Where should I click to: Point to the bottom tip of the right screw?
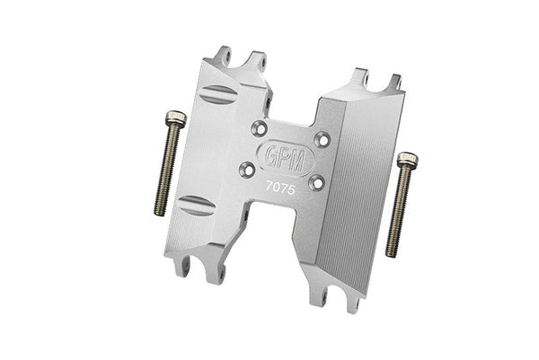(392, 254)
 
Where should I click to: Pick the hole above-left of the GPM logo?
(260, 127)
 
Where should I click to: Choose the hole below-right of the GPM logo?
(315, 182)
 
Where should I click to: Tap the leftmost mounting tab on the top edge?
(225, 58)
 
